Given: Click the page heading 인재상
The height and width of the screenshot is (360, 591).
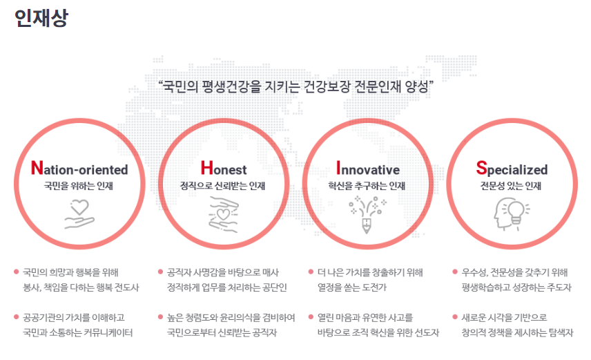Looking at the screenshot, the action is (41, 18).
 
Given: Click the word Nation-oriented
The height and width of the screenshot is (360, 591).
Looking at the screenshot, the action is (79, 169).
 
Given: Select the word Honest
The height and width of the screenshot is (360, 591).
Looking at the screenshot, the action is (224, 169).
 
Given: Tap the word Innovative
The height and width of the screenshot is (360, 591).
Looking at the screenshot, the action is (368, 169).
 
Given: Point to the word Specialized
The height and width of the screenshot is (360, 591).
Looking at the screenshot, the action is (512, 169).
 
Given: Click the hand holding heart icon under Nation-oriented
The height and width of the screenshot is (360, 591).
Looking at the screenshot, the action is (79, 214).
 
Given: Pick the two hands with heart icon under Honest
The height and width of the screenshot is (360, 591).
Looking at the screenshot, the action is (224, 215).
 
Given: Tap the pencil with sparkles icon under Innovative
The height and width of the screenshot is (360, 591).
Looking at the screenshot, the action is (367, 214).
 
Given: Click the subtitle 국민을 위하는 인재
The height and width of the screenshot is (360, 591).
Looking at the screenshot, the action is (79, 186).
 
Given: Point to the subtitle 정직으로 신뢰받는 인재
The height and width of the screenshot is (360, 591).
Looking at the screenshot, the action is (223, 186).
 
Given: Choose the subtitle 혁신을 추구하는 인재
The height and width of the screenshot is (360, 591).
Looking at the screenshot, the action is (367, 186).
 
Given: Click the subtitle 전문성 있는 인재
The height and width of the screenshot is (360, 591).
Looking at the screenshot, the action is (511, 186).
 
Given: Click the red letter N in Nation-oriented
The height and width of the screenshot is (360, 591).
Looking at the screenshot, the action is (37, 169).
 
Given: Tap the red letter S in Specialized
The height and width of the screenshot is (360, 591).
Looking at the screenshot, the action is (481, 169).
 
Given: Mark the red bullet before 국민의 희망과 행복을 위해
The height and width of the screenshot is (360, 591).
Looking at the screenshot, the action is (16, 272).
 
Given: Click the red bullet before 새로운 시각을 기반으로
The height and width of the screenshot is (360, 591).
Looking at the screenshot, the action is (455, 317).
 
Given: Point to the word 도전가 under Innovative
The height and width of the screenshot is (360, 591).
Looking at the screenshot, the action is (374, 287).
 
